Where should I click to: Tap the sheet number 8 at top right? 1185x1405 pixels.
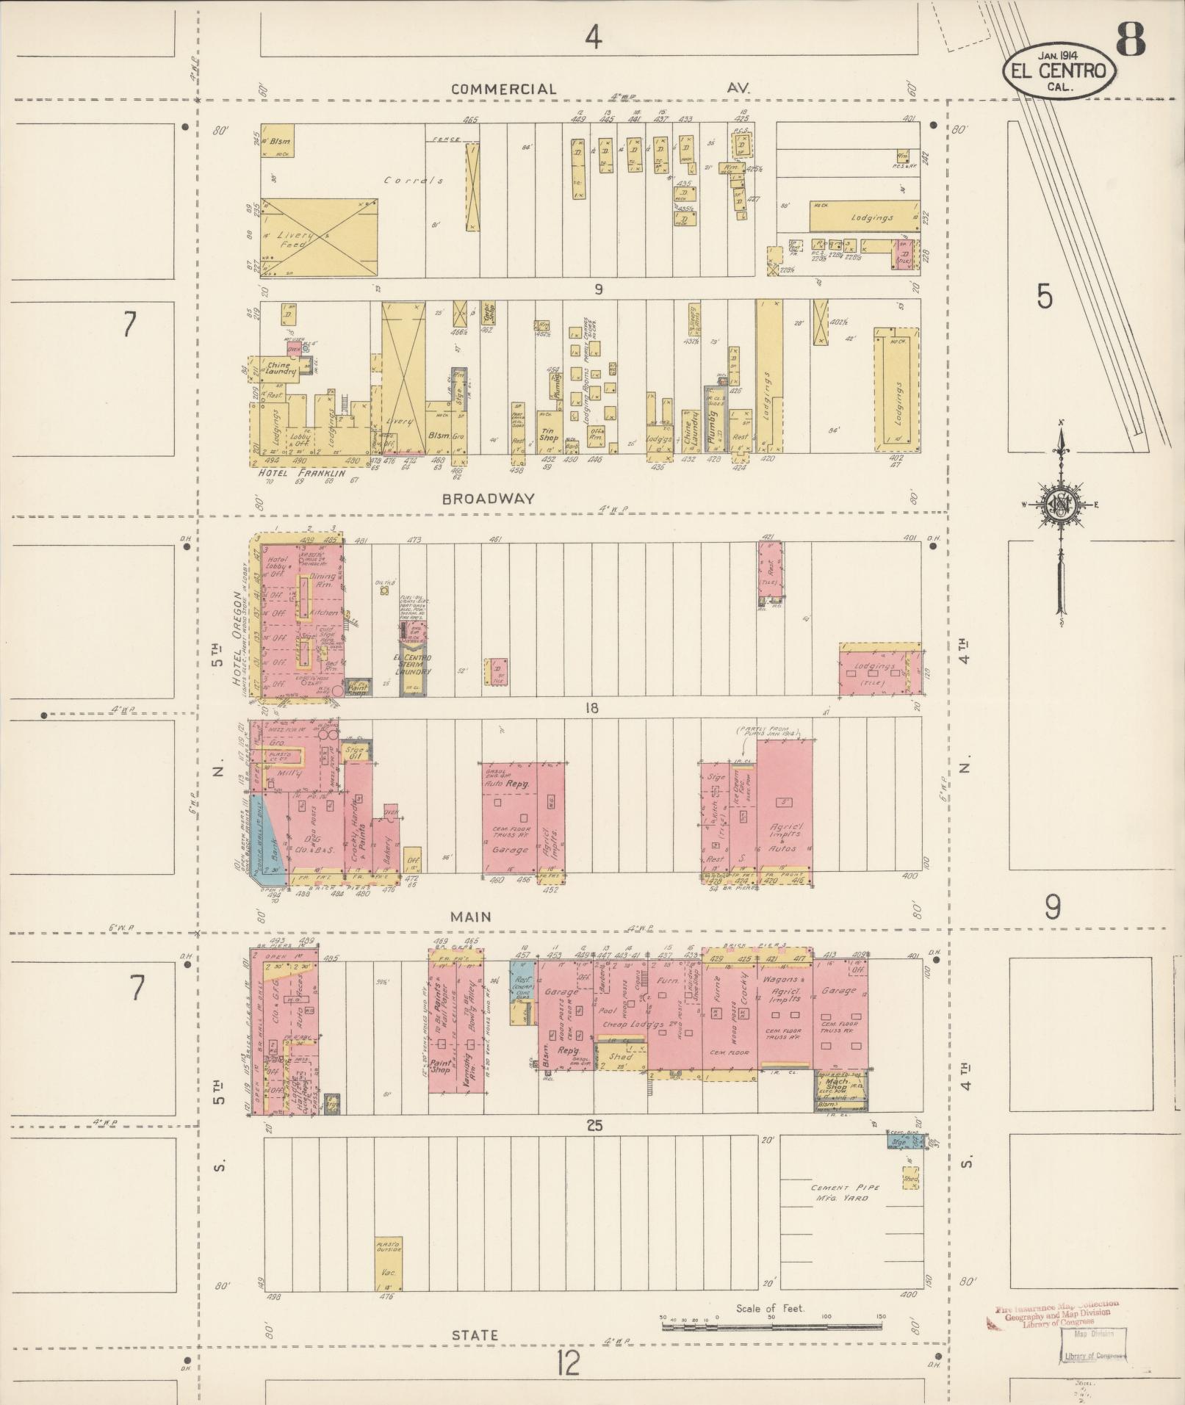point(1131,40)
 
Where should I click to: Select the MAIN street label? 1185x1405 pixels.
point(472,917)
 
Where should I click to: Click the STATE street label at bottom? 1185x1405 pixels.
point(475,1335)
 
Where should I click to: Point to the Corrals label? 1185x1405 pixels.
point(414,180)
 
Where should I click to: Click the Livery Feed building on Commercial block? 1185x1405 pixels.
point(319,237)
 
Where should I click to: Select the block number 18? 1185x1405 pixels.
point(591,708)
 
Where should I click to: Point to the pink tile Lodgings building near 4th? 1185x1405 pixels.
point(880,672)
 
